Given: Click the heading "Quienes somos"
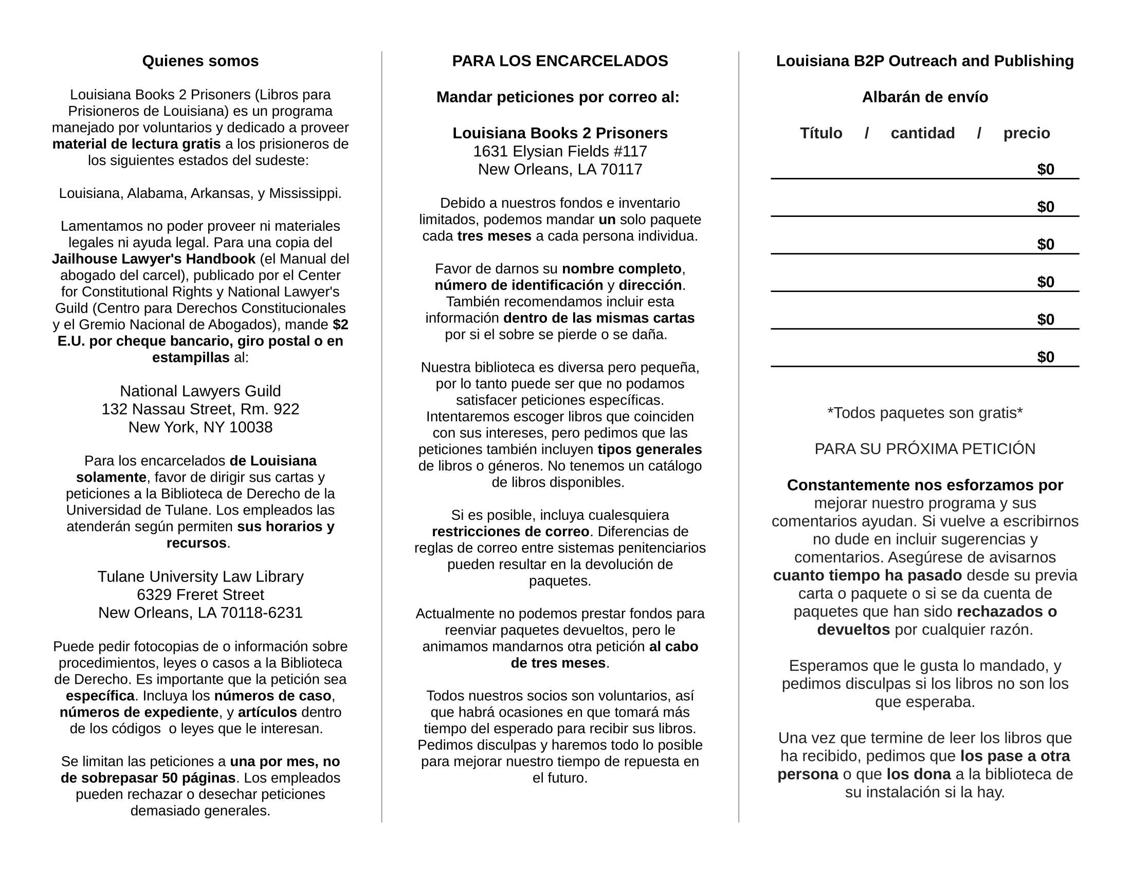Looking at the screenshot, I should click(200, 61).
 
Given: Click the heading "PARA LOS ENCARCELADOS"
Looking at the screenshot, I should click(560, 61).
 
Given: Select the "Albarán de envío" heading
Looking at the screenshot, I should click(925, 97).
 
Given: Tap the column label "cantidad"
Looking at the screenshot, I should click(922, 134).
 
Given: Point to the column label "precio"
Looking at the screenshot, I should click(1027, 134).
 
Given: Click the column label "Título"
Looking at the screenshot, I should click(821, 134).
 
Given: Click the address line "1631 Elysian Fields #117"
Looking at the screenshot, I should click(560, 151).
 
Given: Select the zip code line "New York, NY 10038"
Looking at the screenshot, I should click(200, 427).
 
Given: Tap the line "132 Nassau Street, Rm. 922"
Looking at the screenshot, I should click(200, 409).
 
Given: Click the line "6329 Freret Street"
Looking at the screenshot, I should click(200, 594).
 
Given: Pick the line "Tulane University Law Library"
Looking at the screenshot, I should click(200, 576).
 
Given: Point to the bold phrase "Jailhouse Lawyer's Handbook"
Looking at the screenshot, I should click(154, 259).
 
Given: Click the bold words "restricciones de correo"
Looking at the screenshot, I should click(510, 532).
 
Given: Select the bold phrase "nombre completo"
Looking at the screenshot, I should click(622, 269).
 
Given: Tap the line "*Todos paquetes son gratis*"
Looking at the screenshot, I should click(925, 413).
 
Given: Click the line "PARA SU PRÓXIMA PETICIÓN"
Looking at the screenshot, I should click(925, 449).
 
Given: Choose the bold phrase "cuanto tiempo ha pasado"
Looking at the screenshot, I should click(867, 575).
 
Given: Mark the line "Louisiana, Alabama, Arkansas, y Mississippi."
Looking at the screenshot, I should click(200, 193).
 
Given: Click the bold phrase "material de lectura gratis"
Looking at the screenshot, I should click(137, 144).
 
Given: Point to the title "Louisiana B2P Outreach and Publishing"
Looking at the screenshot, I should click(925, 61).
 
